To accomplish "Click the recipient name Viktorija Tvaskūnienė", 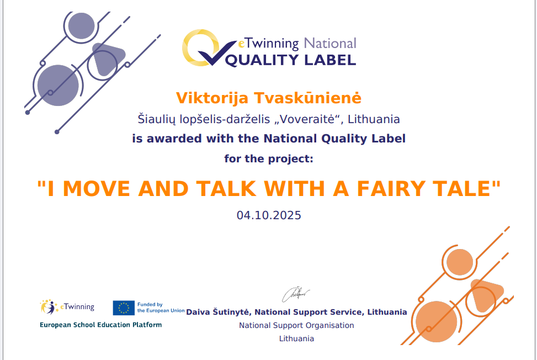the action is point(268,98).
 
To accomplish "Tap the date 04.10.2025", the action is point(269,215).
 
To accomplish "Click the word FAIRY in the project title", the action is point(391,189).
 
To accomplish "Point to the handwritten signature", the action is point(296,294).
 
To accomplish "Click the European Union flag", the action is point(124,308).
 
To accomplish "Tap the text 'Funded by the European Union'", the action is point(161,308).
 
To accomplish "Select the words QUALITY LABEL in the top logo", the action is point(290,60).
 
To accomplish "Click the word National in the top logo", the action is point(330,44).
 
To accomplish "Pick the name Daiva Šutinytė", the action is point(217,312).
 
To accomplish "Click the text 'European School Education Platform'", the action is point(100,325).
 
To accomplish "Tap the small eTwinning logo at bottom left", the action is point(67,307).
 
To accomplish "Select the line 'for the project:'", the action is point(269,159).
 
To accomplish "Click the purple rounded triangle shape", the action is point(108,59).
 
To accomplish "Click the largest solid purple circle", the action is point(58,85).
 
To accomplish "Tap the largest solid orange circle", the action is point(437,322).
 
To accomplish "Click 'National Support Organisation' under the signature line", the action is point(296,325).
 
